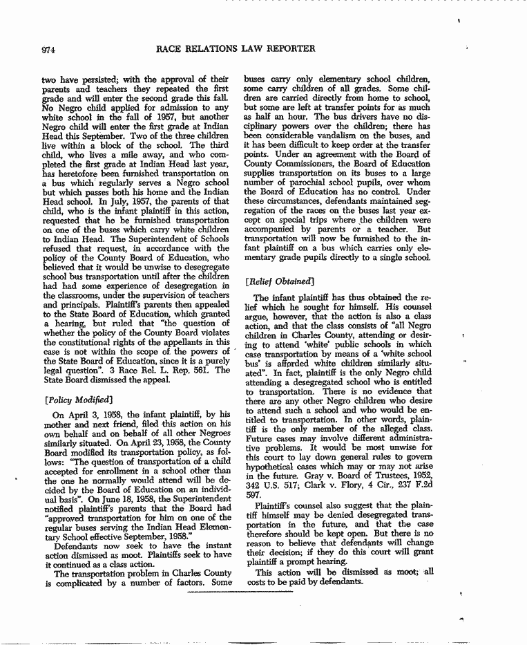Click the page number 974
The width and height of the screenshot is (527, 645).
pos(48,49)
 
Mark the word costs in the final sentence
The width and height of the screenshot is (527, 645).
pos(259,581)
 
